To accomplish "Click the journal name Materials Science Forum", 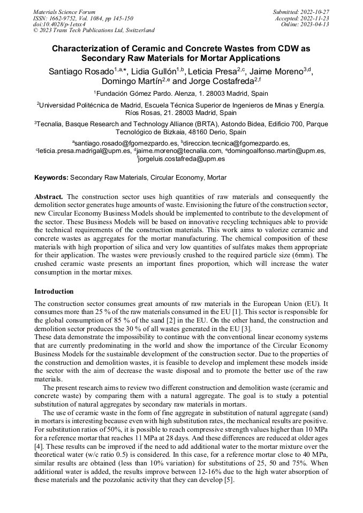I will pos(64,11).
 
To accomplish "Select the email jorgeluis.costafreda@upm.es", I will pos(181,159).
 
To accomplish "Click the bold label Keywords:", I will pos(51,178).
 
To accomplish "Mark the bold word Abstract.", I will pos(49,197).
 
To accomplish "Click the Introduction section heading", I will pos(54,292).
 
